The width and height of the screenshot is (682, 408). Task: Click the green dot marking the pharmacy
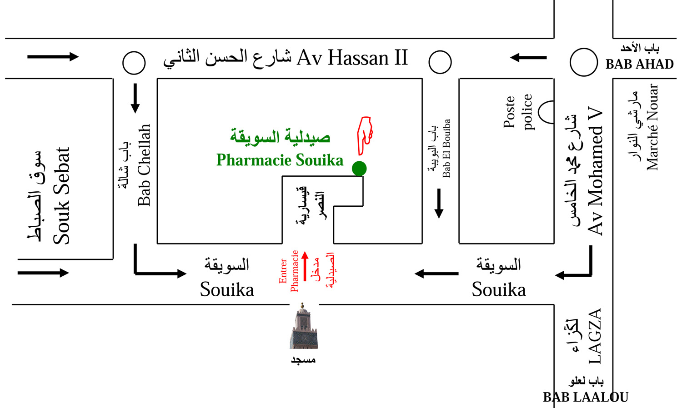(x=359, y=169)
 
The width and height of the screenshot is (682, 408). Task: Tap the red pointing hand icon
(x=365, y=135)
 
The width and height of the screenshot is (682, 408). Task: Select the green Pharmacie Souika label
(x=280, y=160)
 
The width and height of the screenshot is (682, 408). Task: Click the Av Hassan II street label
(x=352, y=58)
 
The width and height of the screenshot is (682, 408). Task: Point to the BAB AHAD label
(x=639, y=64)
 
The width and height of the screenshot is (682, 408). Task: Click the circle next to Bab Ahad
(x=583, y=62)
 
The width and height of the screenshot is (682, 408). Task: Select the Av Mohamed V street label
(x=595, y=171)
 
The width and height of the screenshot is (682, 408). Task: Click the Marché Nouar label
(x=652, y=127)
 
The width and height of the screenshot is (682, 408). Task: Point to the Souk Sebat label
(x=61, y=195)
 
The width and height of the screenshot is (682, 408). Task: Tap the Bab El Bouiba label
(x=446, y=148)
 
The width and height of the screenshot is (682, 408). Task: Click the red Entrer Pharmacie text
(x=289, y=271)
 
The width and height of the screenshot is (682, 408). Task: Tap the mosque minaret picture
(x=303, y=327)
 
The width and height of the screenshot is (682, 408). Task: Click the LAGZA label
(x=595, y=336)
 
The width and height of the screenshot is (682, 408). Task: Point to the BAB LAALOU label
(x=586, y=397)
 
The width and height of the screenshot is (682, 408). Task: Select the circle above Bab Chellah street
(x=134, y=63)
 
